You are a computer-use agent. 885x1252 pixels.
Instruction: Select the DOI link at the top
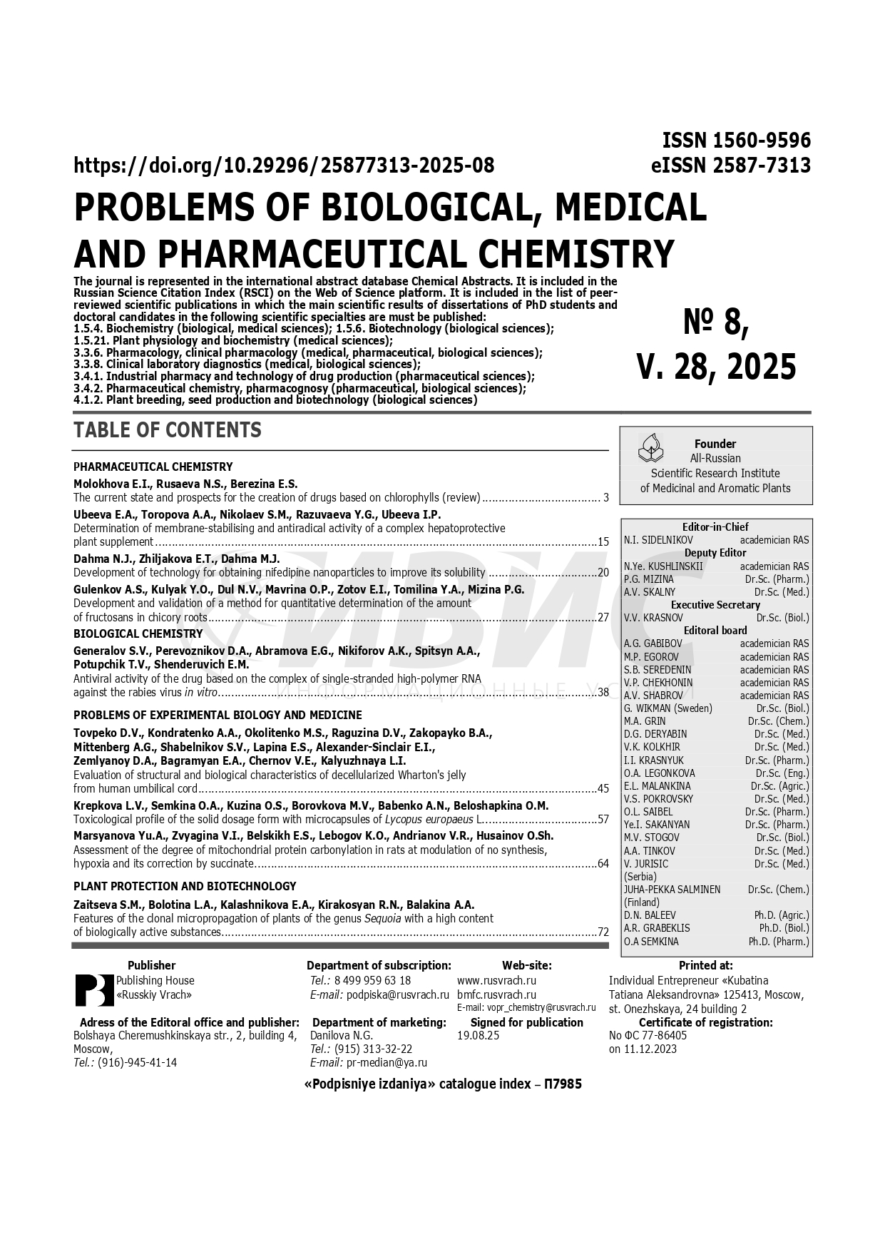pos(284,166)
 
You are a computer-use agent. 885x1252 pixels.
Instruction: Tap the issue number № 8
pos(716,322)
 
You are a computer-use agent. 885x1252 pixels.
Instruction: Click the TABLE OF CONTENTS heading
pos(168,430)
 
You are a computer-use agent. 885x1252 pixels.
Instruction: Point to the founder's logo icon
pos(650,447)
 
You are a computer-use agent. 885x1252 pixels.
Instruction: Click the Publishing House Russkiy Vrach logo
pos(94,989)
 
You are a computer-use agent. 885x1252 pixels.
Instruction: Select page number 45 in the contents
pos(603,788)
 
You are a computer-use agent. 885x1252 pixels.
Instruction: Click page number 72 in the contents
pos(603,932)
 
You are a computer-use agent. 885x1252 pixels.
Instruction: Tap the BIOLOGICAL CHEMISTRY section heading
pos(138,633)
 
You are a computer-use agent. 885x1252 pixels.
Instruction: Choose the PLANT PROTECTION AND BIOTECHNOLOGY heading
pos(185,886)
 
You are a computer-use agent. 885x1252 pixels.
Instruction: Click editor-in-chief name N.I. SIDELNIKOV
pos(658,540)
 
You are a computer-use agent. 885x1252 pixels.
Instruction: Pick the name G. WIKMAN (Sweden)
pos(667,708)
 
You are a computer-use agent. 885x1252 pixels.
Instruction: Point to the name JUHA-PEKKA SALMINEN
pos(672,890)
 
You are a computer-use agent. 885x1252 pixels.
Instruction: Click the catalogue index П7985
pos(563,1084)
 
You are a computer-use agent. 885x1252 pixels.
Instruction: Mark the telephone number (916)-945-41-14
pos(137,1062)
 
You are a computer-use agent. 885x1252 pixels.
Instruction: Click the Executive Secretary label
pos(715,605)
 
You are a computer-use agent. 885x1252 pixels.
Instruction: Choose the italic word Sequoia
pos(383,918)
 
